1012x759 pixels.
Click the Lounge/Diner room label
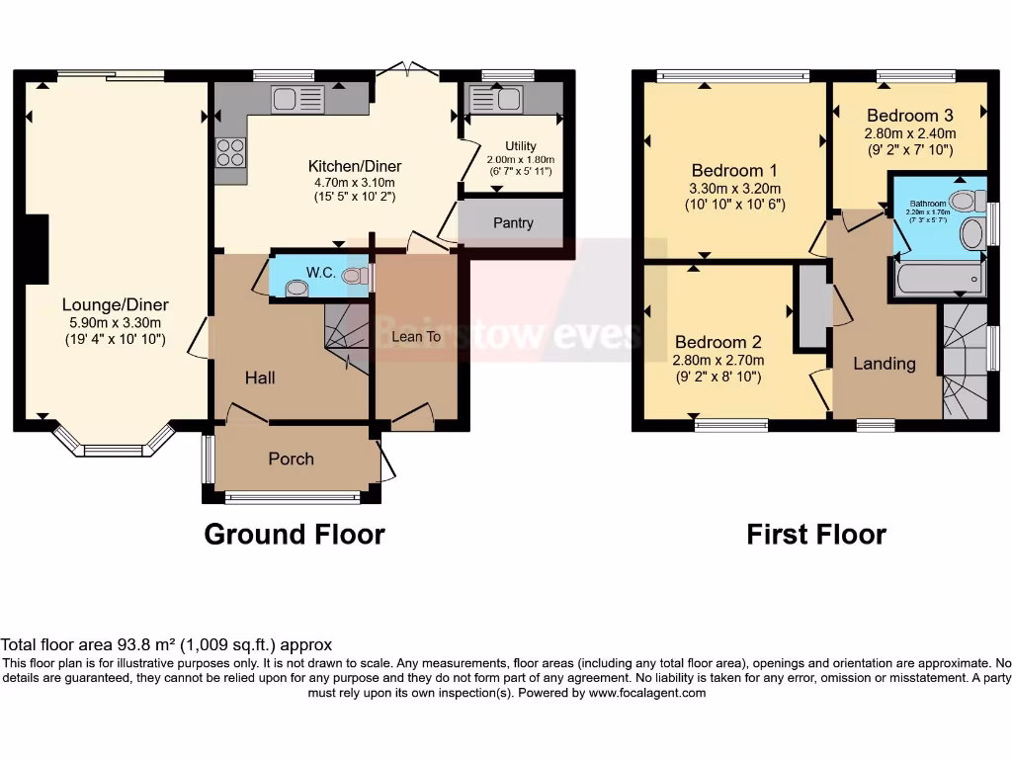tap(115, 304)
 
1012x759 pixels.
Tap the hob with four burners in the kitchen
tap(230, 151)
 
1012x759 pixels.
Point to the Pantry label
tap(513, 222)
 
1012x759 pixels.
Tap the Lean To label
tap(416, 337)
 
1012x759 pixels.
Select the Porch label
tap(292, 459)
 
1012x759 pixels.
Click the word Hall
tap(260, 378)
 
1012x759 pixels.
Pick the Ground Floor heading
tap(294, 535)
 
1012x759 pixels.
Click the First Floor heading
tap(815, 535)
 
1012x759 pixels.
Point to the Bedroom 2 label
tap(717, 343)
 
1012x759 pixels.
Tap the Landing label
tap(884, 364)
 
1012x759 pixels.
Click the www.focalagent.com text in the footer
tap(648, 693)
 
